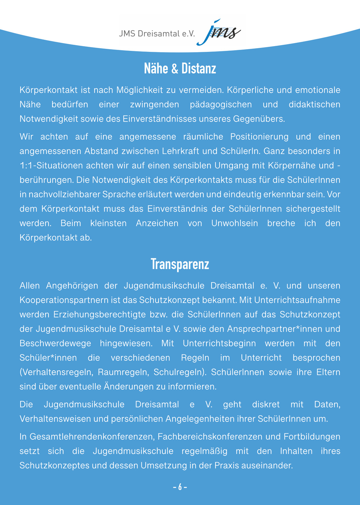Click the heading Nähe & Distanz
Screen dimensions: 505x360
[180, 69]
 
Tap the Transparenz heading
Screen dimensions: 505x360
[180, 264]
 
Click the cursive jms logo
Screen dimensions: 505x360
[219, 32]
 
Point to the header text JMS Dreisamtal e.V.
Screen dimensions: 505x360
[157, 34]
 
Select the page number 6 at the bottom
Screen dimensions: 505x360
[180, 487]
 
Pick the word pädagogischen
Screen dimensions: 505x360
[221, 105]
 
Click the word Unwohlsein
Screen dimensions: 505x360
[234, 223]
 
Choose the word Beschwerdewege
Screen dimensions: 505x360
[55, 343]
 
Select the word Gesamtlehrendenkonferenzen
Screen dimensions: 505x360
[92, 437]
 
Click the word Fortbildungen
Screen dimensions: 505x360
[312, 437]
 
